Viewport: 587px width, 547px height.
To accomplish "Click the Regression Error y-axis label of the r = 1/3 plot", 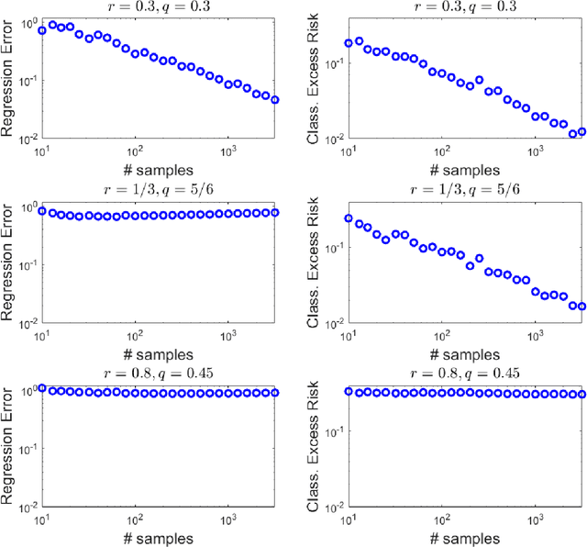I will coord(10,263).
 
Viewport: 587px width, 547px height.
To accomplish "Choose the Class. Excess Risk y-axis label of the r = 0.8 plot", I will coord(319,446).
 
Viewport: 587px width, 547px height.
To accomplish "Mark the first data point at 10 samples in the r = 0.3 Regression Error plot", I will coord(41,30).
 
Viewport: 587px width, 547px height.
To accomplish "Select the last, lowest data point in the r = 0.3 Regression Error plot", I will coord(275,100).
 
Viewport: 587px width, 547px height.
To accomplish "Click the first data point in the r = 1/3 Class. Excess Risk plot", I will coord(349,218).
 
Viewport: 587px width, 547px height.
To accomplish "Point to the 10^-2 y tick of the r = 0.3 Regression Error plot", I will coord(26,139).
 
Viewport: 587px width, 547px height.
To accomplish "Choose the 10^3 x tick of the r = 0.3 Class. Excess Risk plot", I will coord(535,151).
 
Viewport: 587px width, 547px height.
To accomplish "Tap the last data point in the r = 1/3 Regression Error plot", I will coord(275,212).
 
